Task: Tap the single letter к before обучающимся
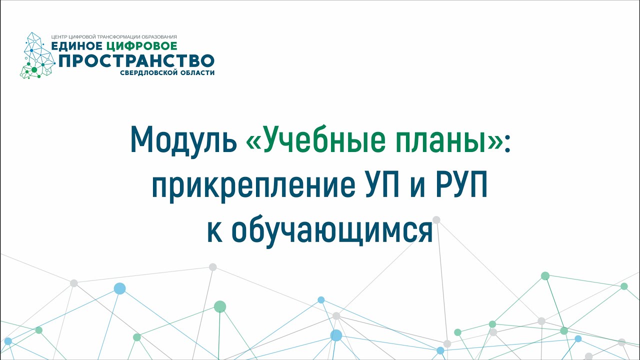click(x=214, y=233)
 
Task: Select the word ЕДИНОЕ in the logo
click(x=76, y=46)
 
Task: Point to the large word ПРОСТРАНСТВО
click(x=136, y=60)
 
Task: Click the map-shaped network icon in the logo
click(x=37, y=55)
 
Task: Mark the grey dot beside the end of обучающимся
click(x=436, y=219)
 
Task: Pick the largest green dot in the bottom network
click(x=220, y=306)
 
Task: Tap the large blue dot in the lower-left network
click(x=119, y=288)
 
